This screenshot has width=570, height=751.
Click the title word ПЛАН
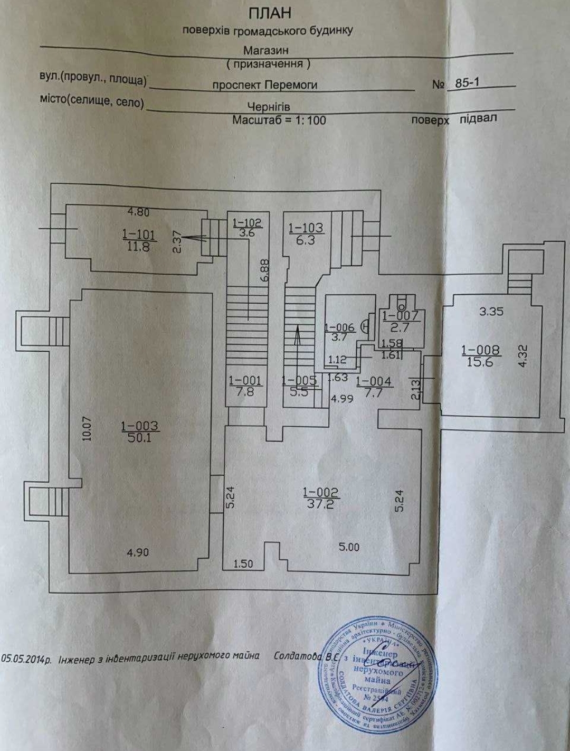coord(269,13)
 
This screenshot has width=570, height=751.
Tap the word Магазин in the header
coord(266,51)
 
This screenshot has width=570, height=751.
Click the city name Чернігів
coord(269,107)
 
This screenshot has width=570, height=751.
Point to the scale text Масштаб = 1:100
coord(279,120)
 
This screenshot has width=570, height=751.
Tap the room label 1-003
coord(139,426)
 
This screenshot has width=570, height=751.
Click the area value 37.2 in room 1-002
coord(321,504)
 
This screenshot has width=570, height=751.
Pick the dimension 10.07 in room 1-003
coord(88,429)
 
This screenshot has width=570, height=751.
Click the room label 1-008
coord(480,350)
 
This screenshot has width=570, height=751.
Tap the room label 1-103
coord(306,228)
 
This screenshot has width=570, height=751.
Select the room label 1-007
coord(400,316)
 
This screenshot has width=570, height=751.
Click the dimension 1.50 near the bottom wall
coord(243,564)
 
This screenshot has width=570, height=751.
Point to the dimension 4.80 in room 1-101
coord(139,212)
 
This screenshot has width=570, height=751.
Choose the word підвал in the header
coord(478,118)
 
